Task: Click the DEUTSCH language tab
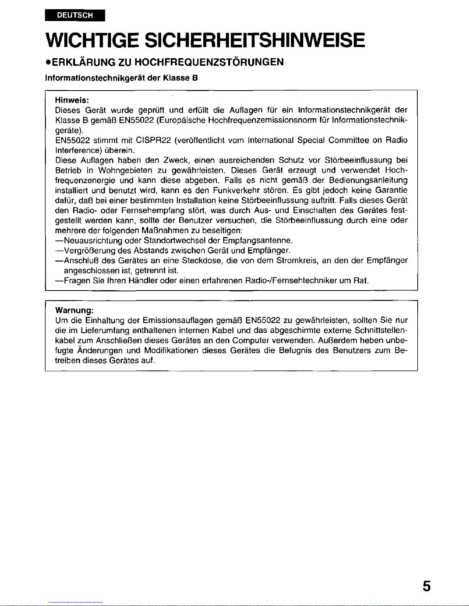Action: [x=75, y=15]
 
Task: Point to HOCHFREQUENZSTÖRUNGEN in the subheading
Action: [x=207, y=62]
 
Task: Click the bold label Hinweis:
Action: [x=72, y=100]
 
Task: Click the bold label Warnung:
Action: [x=75, y=310]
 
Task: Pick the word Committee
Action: [x=349, y=140]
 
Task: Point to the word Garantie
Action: [x=391, y=190]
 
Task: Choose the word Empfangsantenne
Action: [x=257, y=240]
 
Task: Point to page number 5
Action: [x=427, y=586]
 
